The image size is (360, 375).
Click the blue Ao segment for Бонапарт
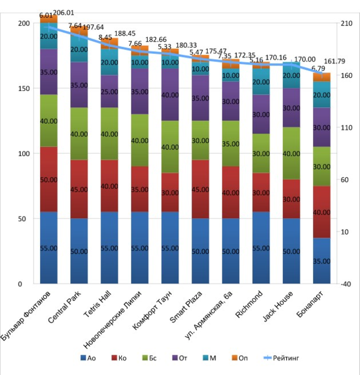(322, 261)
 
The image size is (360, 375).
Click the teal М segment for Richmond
(261, 82)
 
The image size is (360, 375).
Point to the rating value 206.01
(64, 12)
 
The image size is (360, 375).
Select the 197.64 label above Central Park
(93, 27)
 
